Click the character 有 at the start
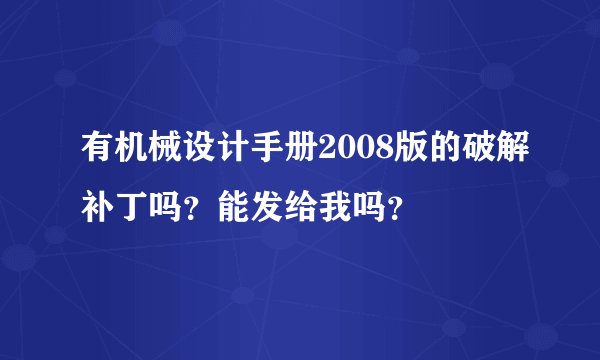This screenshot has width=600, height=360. [97, 153]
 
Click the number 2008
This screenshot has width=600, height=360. [351, 153]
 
